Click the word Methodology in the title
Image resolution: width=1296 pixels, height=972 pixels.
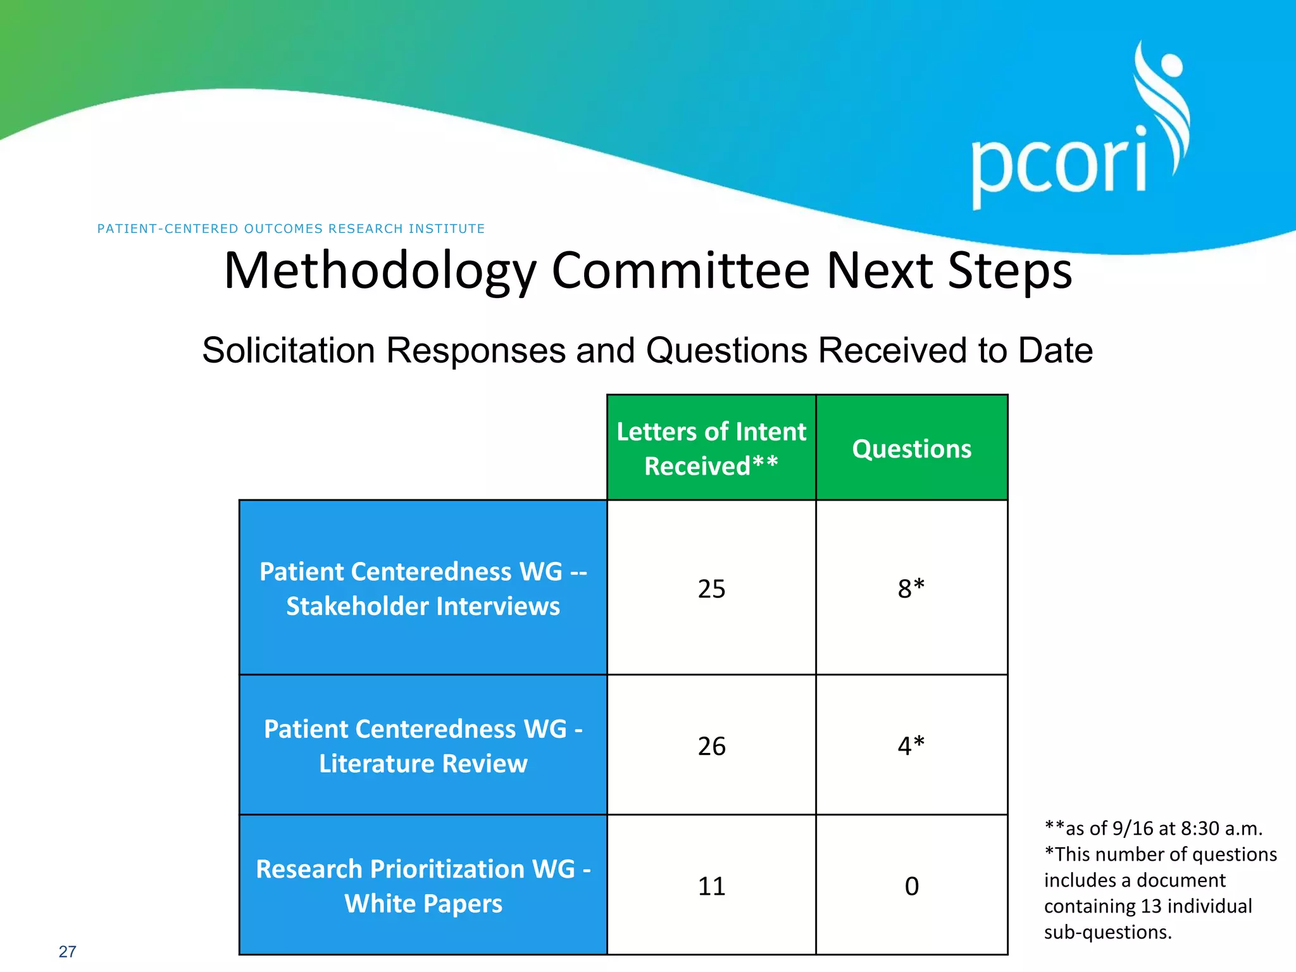(380, 270)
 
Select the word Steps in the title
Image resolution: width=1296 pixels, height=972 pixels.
(1010, 270)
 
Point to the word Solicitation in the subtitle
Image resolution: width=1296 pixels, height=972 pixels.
(289, 350)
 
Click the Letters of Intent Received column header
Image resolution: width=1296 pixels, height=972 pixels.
(711, 448)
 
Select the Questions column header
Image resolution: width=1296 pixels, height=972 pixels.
(911, 448)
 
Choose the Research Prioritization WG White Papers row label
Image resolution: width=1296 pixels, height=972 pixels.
(423, 885)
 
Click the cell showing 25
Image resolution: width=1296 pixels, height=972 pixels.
(711, 589)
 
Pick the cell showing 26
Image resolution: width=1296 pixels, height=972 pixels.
(711, 746)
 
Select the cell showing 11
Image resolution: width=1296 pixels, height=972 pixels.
(711, 886)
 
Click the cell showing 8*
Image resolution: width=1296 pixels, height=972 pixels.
(911, 589)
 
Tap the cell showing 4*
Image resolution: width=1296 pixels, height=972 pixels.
(911, 746)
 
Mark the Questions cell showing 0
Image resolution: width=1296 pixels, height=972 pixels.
(911, 886)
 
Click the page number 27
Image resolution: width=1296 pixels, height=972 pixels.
(67, 951)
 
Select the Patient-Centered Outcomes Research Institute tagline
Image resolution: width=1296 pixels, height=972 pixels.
(291, 228)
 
